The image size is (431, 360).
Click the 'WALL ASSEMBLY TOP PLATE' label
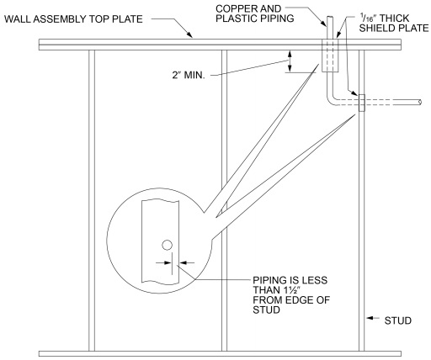click(73, 19)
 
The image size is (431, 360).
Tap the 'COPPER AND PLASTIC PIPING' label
click(255, 13)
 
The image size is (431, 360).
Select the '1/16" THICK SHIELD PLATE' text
click(394, 23)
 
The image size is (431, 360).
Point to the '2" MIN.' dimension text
click(189, 75)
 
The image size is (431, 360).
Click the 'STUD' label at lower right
click(398, 320)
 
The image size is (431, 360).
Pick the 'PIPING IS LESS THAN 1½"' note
click(291, 295)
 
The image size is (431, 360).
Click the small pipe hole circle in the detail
click(167, 246)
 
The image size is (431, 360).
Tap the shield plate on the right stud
click(362, 103)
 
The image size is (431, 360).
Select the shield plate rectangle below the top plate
click(330, 56)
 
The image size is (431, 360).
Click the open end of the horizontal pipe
click(420, 103)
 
